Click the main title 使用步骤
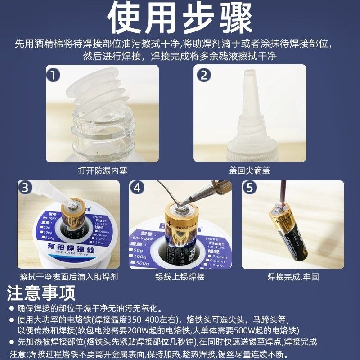pyautogui.click(x=180, y=18)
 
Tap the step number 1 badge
pyautogui.click(x=54, y=75)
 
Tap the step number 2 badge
pyautogui.click(x=204, y=75)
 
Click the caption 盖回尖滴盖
pyautogui.click(x=249, y=171)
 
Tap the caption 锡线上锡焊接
pyautogui.click(x=180, y=277)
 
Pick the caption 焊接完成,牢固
pyautogui.click(x=292, y=277)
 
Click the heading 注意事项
pyautogui.click(x=41, y=293)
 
